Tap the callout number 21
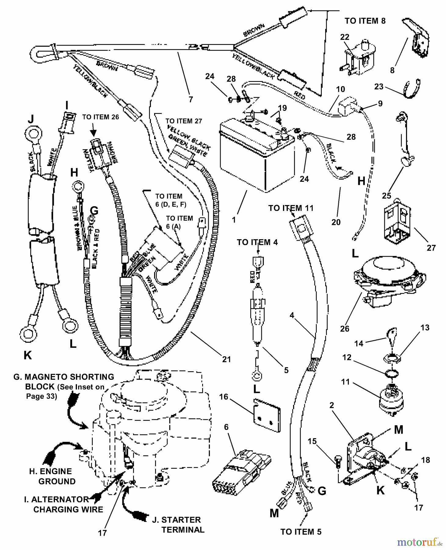(x=227, y=359)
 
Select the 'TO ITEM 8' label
(x=365, y=21)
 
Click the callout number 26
(x=345, y=329)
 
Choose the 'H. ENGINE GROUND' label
(x=52, y=476)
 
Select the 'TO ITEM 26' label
(x=100, y=117)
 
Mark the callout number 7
(x=191, y=99)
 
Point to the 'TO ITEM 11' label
(x=291, y=208)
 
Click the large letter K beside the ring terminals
(x=27, y=355)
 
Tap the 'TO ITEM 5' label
(x=301, y=532)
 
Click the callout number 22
(x=345, y=37)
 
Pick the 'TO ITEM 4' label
(x=257, y=242)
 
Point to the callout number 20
(x=336, y=222)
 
